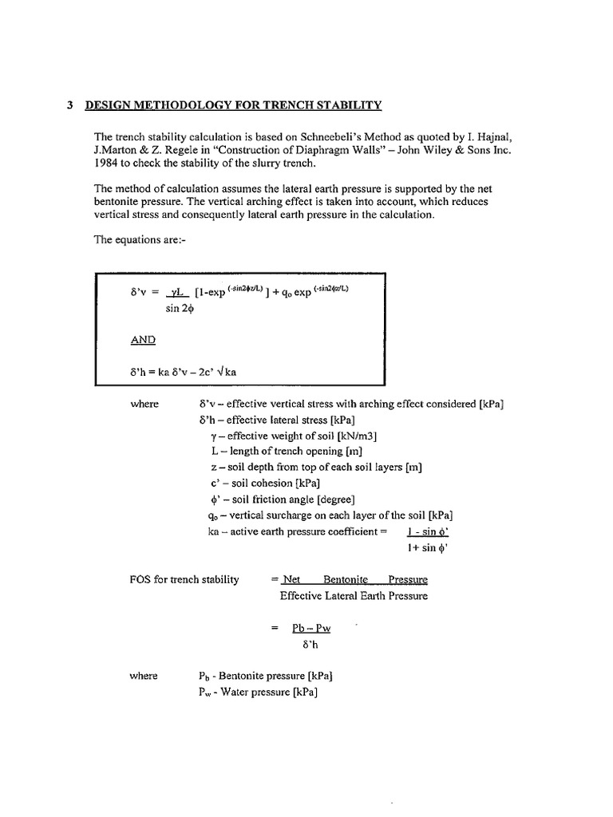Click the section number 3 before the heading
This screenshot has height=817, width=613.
71,105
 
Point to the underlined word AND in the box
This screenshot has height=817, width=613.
143,339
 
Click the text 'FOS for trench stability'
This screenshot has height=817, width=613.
184,579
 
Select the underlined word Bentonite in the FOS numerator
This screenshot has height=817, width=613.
346,579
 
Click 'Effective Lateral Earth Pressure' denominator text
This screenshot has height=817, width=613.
354,595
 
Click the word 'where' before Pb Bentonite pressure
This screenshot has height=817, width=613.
144,676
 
